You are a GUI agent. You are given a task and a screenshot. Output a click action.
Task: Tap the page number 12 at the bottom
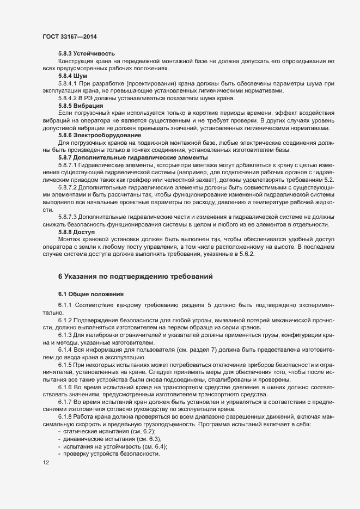click(x=45, y=463)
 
